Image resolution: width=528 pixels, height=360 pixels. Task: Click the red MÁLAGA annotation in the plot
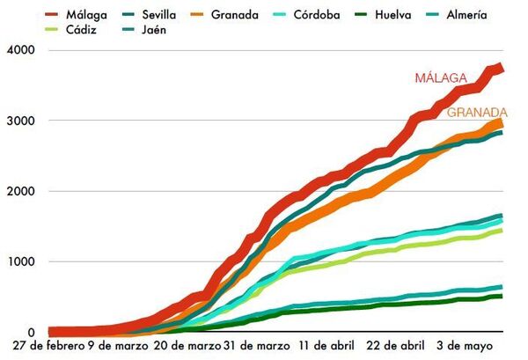(441, 78)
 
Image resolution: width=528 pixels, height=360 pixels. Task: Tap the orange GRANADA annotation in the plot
(476, 112)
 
